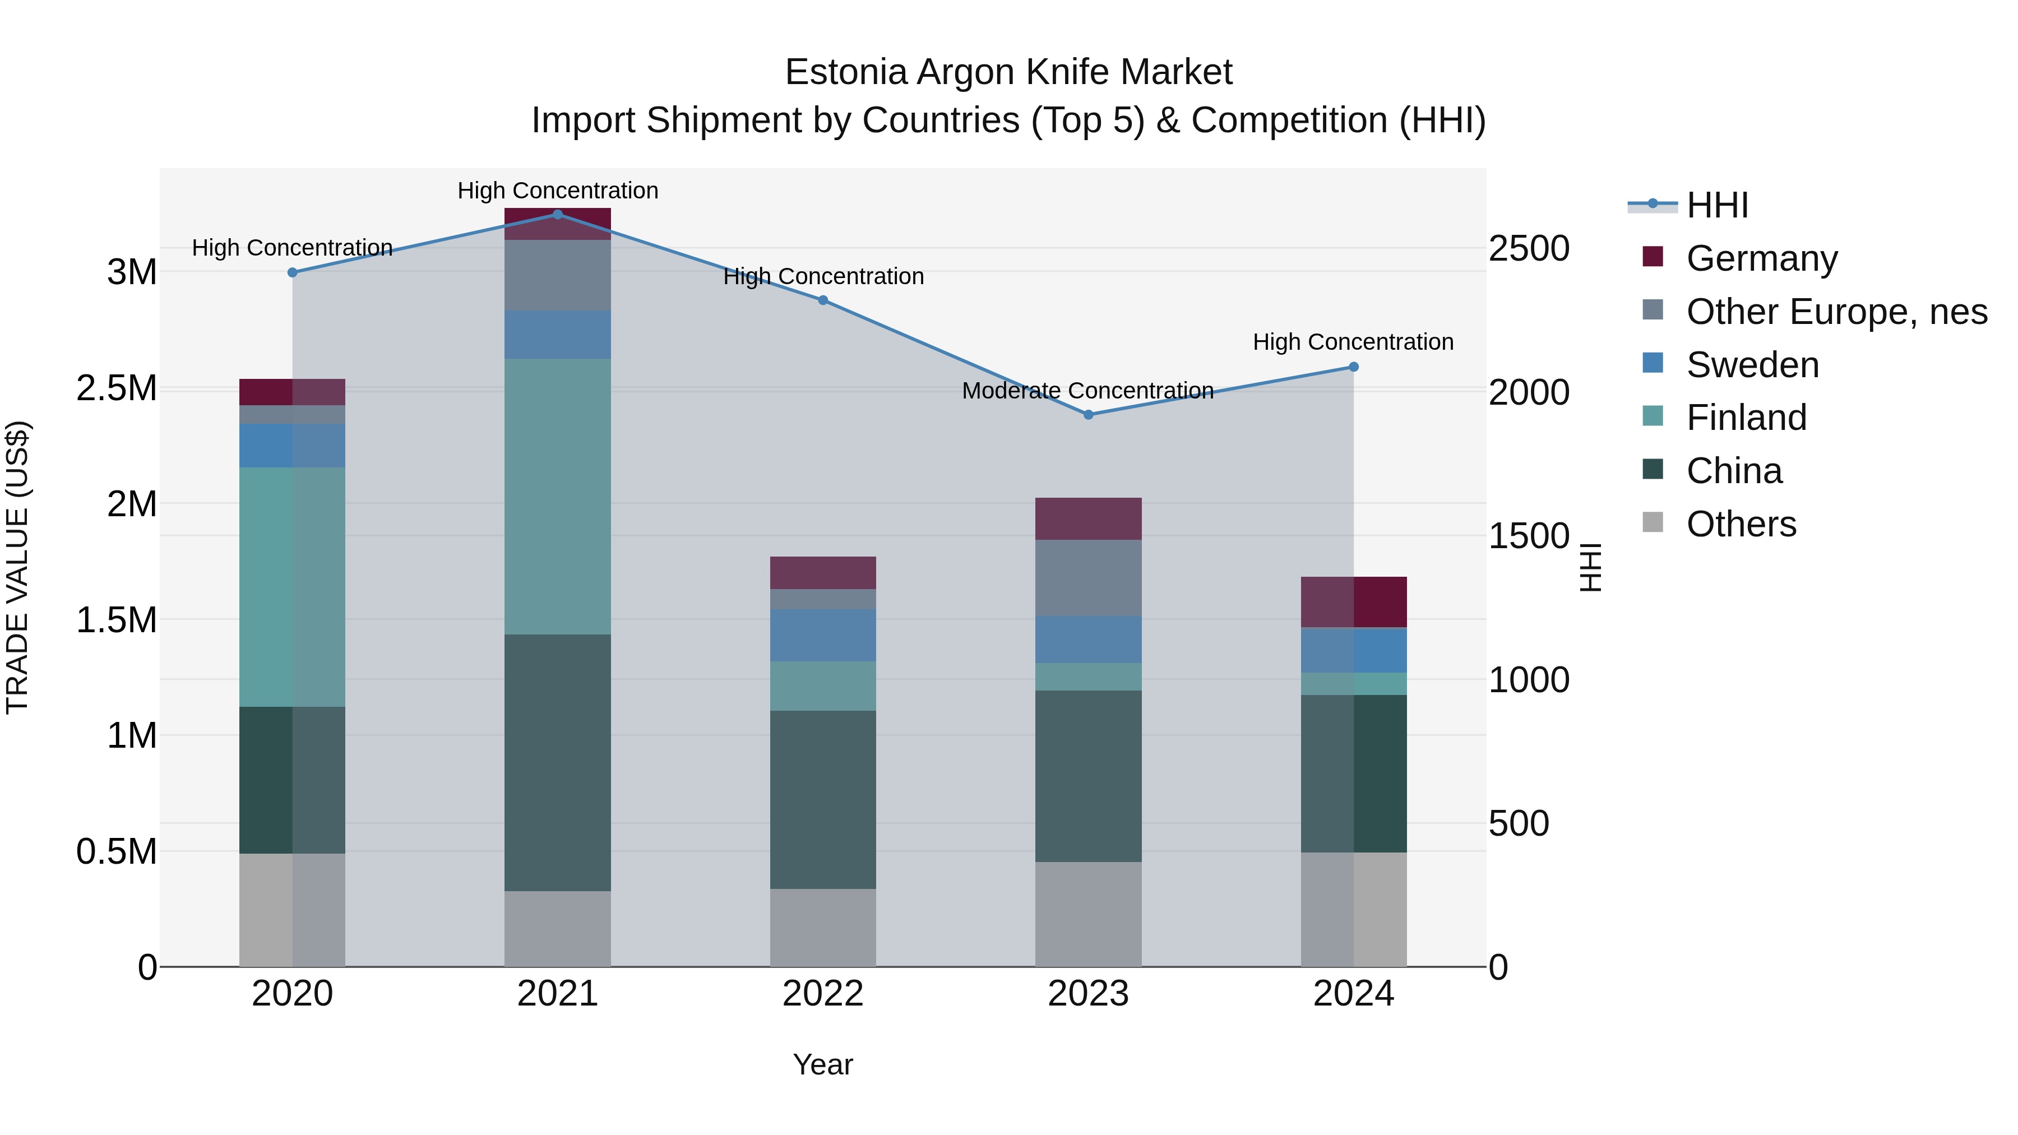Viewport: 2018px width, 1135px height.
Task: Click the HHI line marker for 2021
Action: (x=557, y=214)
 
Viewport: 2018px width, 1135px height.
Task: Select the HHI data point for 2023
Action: (x=1088, y=414)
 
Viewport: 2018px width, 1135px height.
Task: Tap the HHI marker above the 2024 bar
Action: (x=1353, y=367)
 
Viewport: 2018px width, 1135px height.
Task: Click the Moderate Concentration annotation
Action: (x=1087, y=390)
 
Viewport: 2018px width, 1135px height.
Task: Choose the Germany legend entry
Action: (x=1761, y=258)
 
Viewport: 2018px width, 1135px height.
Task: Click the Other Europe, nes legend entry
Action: (x=1836, y=312)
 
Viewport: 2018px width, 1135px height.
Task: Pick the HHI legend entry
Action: (x=1716, y=205)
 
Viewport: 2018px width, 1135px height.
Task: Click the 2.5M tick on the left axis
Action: (x=117, y=388)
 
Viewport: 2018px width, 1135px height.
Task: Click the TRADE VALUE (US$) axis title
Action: (x=18, y=567)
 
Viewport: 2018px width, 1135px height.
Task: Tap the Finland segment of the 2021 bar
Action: (x=557, y=496)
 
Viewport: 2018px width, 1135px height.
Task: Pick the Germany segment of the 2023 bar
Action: (x=1088, y=518)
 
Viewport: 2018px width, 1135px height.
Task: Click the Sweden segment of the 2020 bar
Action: (x=291, y=445)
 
